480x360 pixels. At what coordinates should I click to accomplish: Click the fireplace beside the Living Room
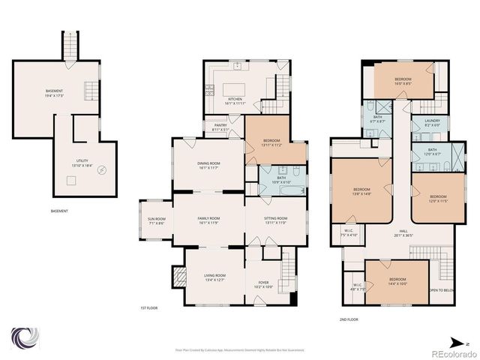tap(178, 278)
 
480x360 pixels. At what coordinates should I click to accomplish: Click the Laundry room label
tap(432, 123)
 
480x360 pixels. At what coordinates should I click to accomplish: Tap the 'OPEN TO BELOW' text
tap(442, 290)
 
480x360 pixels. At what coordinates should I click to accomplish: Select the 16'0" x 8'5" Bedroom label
tap(403, 81)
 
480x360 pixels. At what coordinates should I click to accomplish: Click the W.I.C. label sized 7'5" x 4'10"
tap(349, 232)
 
